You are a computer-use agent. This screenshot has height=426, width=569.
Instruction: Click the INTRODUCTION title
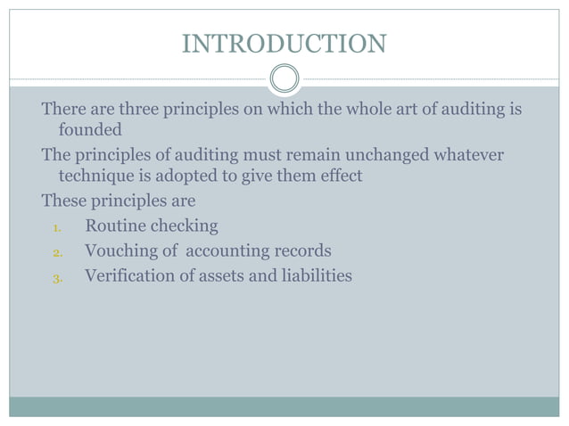pos(284,43)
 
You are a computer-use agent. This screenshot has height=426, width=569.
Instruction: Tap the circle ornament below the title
pos(284,79)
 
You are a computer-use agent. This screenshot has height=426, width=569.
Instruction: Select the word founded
pos(90,130)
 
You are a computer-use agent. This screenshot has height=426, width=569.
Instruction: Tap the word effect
pos(338,176)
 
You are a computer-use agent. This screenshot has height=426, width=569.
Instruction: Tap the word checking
pos(185,226)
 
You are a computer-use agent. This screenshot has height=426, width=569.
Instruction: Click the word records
pos(301,251)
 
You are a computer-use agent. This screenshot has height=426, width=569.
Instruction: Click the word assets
pos(223,276)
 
